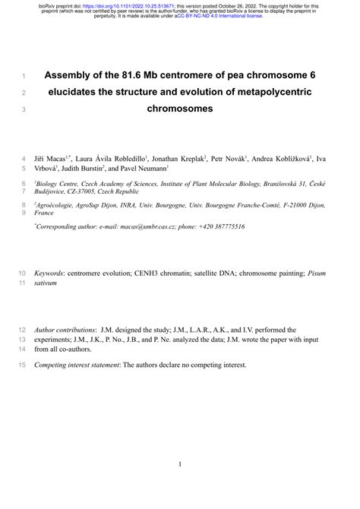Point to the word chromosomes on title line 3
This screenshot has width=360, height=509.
coord(180,109)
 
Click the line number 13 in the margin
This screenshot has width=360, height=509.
coord(21,340)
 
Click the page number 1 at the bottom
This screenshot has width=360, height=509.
coord(180,464)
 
